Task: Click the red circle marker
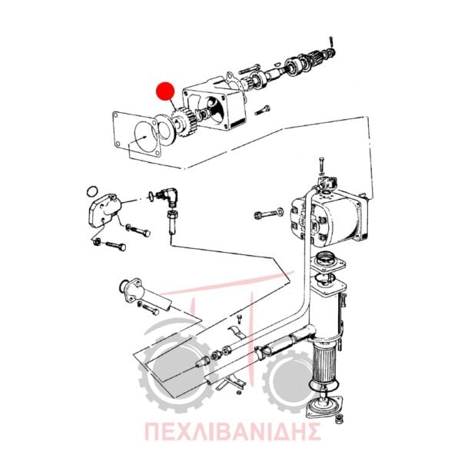pos(165,91)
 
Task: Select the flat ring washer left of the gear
pos(164,129)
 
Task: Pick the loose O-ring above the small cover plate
pos(92,191)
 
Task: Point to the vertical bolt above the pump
pos(322,165)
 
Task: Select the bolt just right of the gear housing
pos(263,110)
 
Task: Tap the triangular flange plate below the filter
pos(324,407)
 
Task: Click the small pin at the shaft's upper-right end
pos(331,41)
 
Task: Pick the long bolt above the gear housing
pos(250,70)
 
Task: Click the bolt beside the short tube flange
pos(151,309)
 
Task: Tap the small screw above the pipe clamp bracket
pos(239,320)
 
